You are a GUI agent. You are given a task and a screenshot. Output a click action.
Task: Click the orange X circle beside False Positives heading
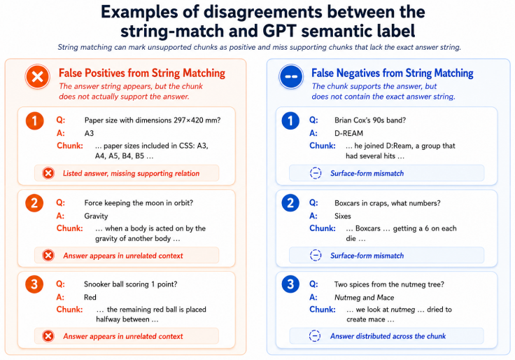(x=38, y=76)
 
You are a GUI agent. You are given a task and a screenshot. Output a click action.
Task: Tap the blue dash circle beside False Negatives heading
(x=291, y=76)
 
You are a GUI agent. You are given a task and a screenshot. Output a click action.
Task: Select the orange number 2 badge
(x=34, y=203)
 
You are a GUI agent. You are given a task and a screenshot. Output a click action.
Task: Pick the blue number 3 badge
(x=290, y=284)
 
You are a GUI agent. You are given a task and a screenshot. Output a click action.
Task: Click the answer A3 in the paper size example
(x=89, y=133)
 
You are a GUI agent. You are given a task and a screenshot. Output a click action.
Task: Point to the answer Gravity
(x=96, y=216)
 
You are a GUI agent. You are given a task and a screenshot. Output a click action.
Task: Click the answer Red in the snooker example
(x=90, y=297)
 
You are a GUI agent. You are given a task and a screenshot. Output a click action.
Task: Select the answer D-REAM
(x=348, y=133)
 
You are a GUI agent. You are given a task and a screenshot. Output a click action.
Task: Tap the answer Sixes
(x=343, y=216)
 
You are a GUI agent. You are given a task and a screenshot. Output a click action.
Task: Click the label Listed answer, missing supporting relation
(x=131, y=173)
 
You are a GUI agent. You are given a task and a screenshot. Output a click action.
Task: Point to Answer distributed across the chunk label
(x=388, y=336)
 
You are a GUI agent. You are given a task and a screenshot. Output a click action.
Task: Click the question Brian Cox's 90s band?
(x=370, y=120)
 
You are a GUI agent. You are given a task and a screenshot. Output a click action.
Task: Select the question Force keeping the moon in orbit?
(x=139, y=203)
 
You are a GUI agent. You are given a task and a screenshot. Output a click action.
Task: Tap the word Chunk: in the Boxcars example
(x=323, y=228)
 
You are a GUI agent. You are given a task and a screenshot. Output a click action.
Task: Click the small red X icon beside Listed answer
(x=48, y=173)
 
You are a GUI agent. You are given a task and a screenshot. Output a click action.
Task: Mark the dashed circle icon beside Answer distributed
(x=315, y=336)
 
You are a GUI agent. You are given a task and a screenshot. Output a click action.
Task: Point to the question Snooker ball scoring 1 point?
(x=130, y=284)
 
